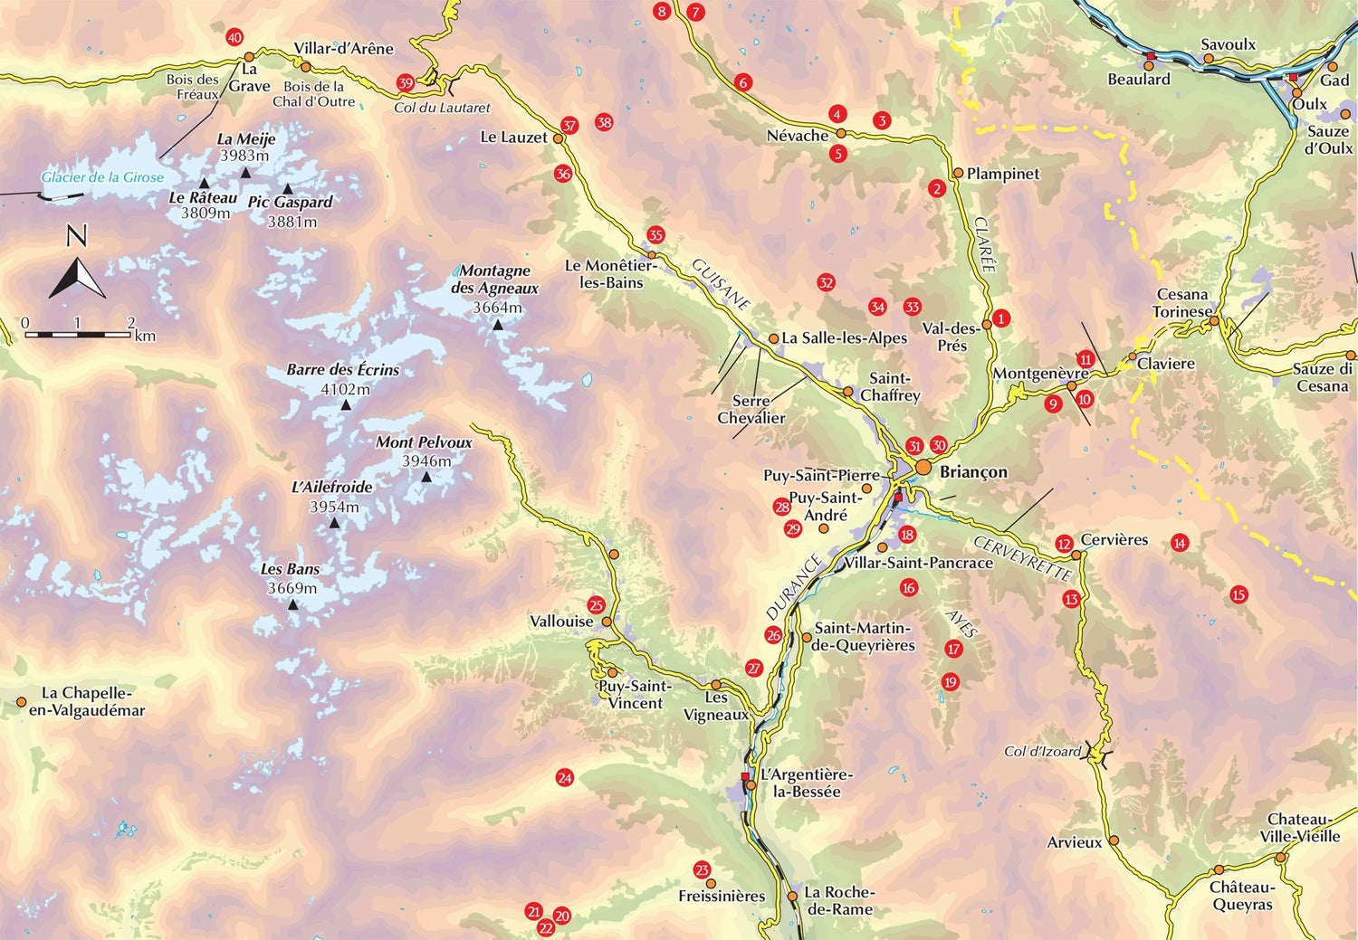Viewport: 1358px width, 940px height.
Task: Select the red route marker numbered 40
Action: pos(234,38)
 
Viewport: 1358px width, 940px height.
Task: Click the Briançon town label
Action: pos(973,472)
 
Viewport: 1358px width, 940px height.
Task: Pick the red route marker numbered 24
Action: pos(565,778)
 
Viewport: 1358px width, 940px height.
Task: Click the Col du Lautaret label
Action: pos(442,108)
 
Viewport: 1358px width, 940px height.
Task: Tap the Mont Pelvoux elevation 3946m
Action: pos(426,461)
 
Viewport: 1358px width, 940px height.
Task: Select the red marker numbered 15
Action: pos(1238,594)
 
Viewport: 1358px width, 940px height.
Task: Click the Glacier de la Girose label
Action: pos(102,177)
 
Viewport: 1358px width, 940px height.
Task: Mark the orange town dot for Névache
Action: pos(840,133)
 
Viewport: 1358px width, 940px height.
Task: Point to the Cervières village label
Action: pos(1114,539)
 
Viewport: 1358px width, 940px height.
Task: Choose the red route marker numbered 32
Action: pos(826,282)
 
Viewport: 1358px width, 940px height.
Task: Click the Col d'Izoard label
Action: pos(1042,751)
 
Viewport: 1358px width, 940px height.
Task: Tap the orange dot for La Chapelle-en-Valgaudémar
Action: pos(21,701)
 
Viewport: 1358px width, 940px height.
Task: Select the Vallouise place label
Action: pos(561,622)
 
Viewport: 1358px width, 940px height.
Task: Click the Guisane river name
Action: pos(722,284)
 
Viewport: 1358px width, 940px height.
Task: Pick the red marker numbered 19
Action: pos(950,682)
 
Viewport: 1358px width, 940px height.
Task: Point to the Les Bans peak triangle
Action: pos(292,603)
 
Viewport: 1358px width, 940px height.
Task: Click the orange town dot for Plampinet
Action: pos(958,173)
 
